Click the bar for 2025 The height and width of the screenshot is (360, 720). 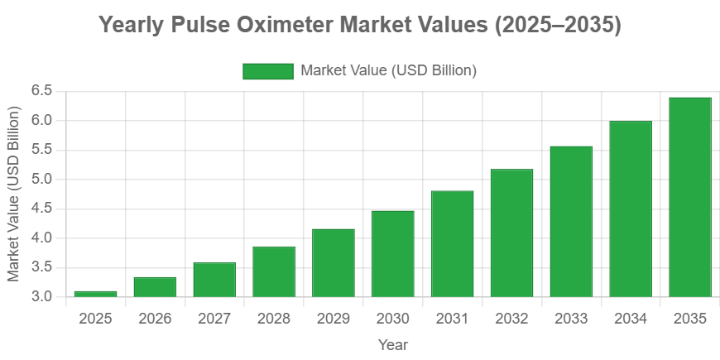coord(95,293)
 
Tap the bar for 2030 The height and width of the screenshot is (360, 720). coord(393,253)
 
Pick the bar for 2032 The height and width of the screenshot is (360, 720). coord(511,233)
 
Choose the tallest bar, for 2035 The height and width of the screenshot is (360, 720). coord(690,197)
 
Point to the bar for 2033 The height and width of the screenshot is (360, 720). coord(571,221)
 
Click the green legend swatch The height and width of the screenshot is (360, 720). coord(267,71)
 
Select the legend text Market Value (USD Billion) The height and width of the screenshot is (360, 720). coord(389,71)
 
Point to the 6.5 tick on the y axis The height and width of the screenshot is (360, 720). coord(41,90)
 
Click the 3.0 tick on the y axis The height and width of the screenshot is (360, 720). coord(41,296)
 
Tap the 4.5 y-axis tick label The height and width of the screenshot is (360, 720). coord(41,208)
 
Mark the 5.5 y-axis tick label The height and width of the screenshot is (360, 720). coord(41,149)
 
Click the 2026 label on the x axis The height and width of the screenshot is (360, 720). coord(155,319)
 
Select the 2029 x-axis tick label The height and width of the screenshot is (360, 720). coord(334,319)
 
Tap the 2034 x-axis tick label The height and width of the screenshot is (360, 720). coord(631,319)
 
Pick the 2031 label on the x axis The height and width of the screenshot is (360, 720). coord(452,319)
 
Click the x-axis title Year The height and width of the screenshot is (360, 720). coord(392,343)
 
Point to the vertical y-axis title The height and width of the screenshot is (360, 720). coord(14,193)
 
